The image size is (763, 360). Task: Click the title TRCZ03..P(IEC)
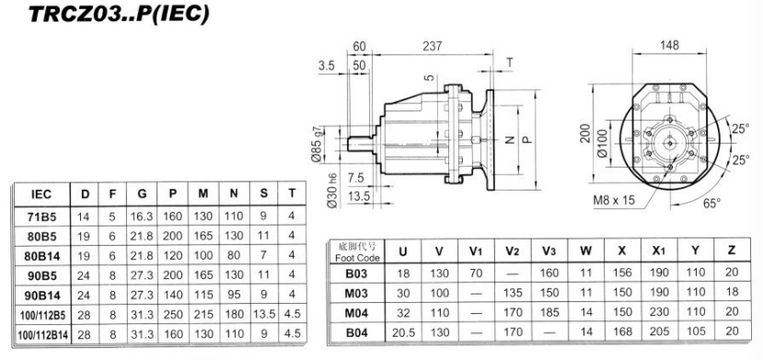click(x=120, y=14)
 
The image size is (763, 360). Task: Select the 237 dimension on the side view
click(x=432, y=46)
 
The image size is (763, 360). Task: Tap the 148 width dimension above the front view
click(x=669, y=46)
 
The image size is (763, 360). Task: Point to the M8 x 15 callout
click(x=614, y=200)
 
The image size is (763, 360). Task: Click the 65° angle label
click(x=711, y=203)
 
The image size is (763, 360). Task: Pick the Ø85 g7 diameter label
click(x=317, y=144)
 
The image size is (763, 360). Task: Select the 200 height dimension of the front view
click(x=585, y=133)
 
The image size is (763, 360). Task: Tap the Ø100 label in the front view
click(x=603, y=144)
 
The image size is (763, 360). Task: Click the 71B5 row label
click(x=41, y=216)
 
